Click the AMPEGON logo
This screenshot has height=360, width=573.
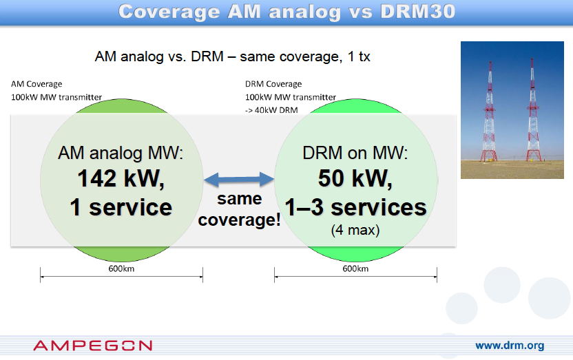(x=93, y=346)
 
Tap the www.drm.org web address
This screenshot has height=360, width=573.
(x=510, y=346)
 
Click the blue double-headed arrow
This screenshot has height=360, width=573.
(x=239, y=179)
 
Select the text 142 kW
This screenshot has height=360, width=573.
(x=121, y=178)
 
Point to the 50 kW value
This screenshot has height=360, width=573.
(x=355, y=178)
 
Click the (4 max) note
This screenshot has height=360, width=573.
(x=355, y=230)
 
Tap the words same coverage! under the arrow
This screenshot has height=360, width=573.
(x=240, y=209)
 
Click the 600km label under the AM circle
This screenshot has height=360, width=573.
(x=121, y=268)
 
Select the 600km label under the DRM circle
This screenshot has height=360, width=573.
(x=355, y=268)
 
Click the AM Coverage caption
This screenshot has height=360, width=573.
(x=37, y=84)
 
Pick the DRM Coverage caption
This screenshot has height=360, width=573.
(x=273, y=84)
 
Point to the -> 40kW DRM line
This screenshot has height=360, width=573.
(x=271, y=110)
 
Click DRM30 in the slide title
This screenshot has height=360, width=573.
(x=417, y=11)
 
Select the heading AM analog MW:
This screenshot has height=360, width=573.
(x=121, y=153)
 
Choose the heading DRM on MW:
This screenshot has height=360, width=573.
(x=355, y=153)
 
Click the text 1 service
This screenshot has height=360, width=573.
(x=121, y=207)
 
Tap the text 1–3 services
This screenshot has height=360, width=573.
(x=355, y=207)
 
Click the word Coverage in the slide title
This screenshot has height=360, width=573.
(x=169, y=12)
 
